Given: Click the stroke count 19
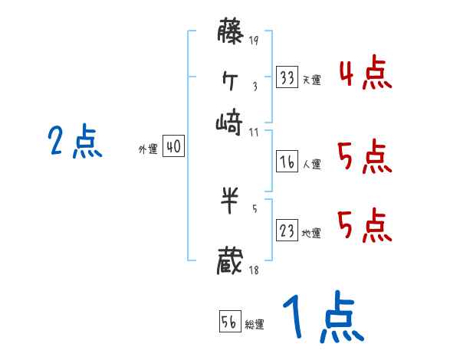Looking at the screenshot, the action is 254,41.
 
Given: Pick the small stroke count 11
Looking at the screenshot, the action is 254,131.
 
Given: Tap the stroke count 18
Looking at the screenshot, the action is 254,269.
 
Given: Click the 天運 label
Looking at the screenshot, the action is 311,80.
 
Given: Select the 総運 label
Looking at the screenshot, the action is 255,325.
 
